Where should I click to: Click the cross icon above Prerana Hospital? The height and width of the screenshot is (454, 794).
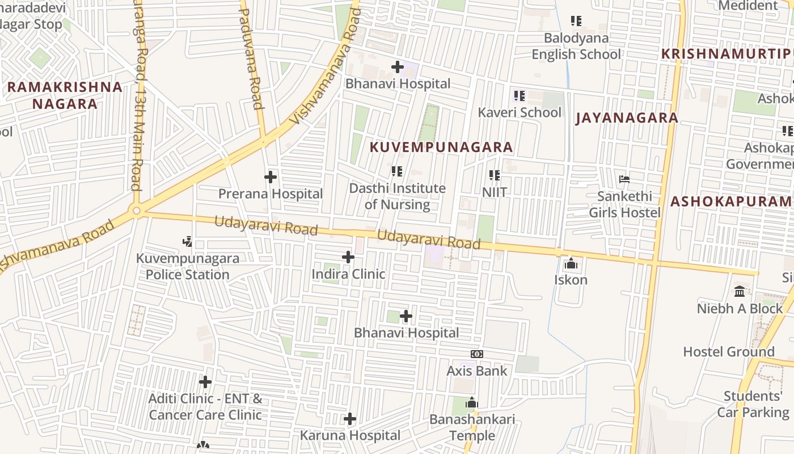pos(271,177)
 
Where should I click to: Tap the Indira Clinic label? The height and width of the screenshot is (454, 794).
pos(348,274)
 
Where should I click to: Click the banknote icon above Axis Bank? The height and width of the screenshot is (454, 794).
pos(476,354)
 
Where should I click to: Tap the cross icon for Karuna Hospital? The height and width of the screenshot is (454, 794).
pos(350,419)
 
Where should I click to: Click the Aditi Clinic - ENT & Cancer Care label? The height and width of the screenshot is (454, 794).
pos(205,407)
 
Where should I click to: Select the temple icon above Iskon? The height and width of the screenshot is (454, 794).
pos(571,263)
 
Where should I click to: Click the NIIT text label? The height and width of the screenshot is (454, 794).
pos(495,192)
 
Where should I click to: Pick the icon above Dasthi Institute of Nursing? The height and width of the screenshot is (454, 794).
pos(397,171)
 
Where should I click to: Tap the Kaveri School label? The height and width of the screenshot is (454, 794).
pos(520,112)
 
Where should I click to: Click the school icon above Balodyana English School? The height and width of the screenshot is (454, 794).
pos(576,22)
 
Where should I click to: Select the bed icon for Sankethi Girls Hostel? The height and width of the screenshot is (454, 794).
pos(624,180)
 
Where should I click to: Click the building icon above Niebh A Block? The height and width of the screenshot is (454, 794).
pos(740,292)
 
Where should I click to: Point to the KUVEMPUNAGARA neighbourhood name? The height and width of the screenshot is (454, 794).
pos(441,148)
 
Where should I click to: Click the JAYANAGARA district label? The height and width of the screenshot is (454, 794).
pos(627,118)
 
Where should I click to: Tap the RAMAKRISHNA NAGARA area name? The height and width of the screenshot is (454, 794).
pos(65,95)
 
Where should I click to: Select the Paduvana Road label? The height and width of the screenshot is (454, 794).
pos(250,57)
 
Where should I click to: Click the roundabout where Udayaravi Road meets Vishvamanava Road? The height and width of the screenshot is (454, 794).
pos(136,211)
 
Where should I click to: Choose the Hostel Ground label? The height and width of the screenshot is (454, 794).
pos(728,352)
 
